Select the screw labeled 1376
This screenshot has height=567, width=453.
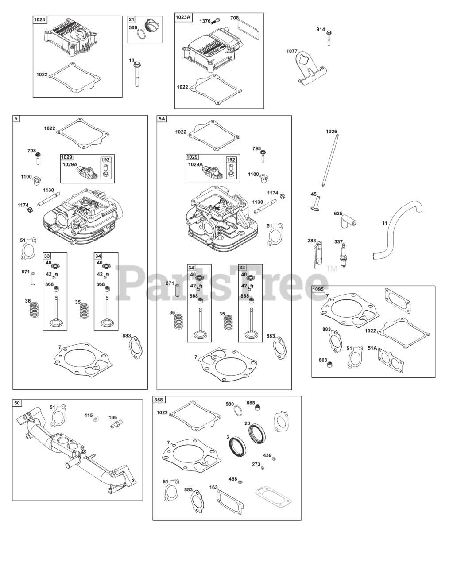pyautogui.click(x=217, y=20)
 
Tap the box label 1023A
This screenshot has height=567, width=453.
pyautogui.click(x=183, y=17)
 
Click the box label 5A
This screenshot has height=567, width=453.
pyautogui.click(x=162, y=119)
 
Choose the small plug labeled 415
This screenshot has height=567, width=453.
pyautogui.click(x=96, y=419)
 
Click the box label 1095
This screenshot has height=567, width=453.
pyautogui.click(x=318, y=289)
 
